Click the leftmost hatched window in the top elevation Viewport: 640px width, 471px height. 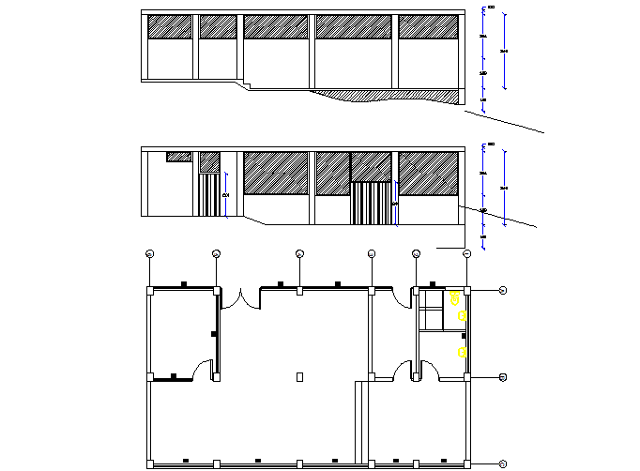(170, 27)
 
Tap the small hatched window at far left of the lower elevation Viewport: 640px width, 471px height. (178, 157)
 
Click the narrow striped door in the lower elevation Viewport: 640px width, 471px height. (208, 194)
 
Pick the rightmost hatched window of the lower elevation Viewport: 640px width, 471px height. (427, 174)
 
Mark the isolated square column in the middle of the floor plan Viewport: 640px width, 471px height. (299, 377)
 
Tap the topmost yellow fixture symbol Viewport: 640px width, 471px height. (455, 298)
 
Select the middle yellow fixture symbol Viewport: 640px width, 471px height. (463, 317)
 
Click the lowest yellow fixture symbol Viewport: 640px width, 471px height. (462, 352)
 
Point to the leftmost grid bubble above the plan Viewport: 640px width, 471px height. (150, 253)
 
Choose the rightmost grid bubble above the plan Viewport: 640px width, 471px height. (466, 253)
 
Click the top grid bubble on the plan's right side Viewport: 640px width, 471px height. (503, 291)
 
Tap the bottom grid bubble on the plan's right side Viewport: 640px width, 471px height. (503, 463)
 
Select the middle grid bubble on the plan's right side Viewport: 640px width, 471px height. (503, 377)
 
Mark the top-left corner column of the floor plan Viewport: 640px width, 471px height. (150, 291)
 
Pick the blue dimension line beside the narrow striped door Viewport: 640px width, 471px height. (227, 194)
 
